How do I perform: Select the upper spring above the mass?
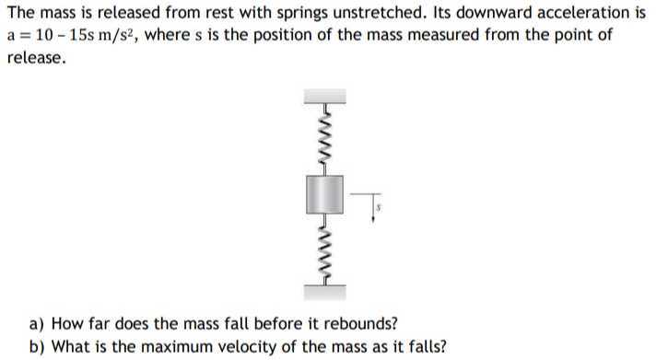(x=324, y=137)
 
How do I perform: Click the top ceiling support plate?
(x=324, y=95)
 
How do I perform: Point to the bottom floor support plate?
(x=324, y=292)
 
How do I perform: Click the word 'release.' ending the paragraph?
(x=36, y=57)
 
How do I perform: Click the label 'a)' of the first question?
(x=37, y=324)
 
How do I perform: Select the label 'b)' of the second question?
(x=37, y=346)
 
